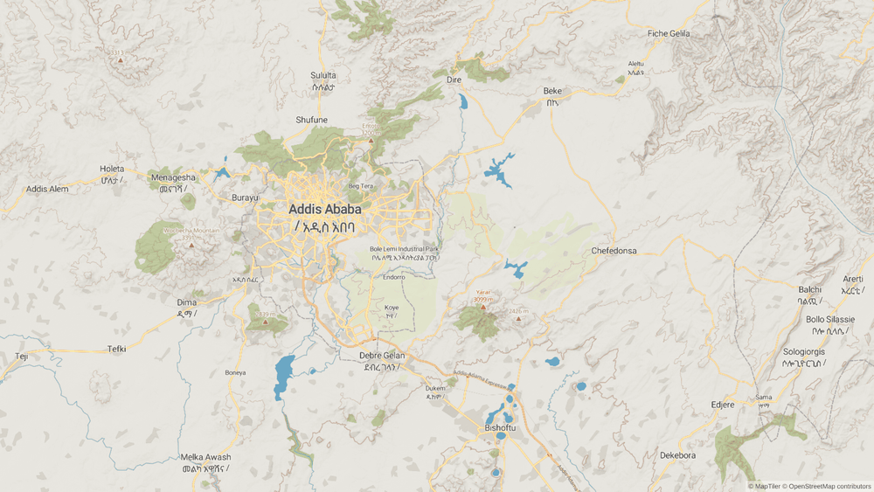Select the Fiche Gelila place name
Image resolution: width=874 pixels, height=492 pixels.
coord(669,33)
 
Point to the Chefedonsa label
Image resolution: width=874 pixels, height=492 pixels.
coord(614,251)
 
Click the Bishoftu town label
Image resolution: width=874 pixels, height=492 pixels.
coord(501,428)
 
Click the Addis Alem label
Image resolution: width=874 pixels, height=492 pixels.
coord(47,189)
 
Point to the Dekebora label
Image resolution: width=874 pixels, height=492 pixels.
coord(677,455)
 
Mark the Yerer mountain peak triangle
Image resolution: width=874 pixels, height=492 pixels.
coord(482,307)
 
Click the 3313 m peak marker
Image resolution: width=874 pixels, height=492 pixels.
coord(120,59)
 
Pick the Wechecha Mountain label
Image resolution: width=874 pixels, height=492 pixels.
coord(191,231)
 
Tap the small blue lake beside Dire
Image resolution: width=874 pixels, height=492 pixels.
coord(462,101)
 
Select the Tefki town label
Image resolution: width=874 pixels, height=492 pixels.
coord(116,349)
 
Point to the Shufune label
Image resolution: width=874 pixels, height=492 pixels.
coord(312,120)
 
